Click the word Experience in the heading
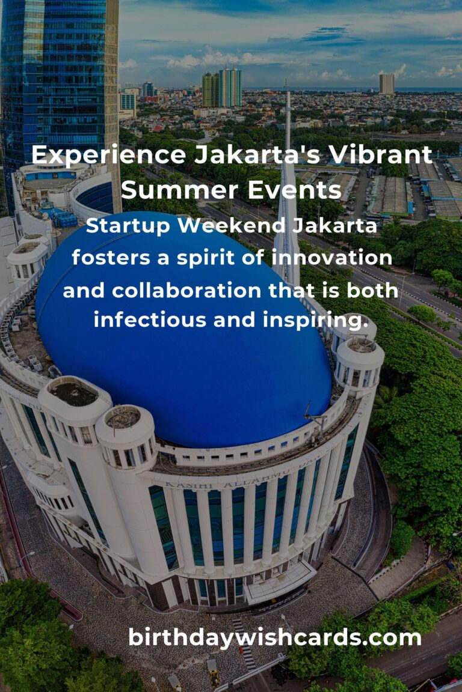click(109, 156)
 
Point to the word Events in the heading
click(294, 190)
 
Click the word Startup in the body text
click(128, 226)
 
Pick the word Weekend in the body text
click(231, 225)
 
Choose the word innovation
click(331, 258)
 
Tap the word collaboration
click(186, 291)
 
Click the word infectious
click(150, 320)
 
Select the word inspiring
click(315, 321)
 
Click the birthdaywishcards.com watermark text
click(274, 638)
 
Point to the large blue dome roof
click(183, 348)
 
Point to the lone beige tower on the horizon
click(386, 84)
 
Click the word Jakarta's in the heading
click(257, 155)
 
